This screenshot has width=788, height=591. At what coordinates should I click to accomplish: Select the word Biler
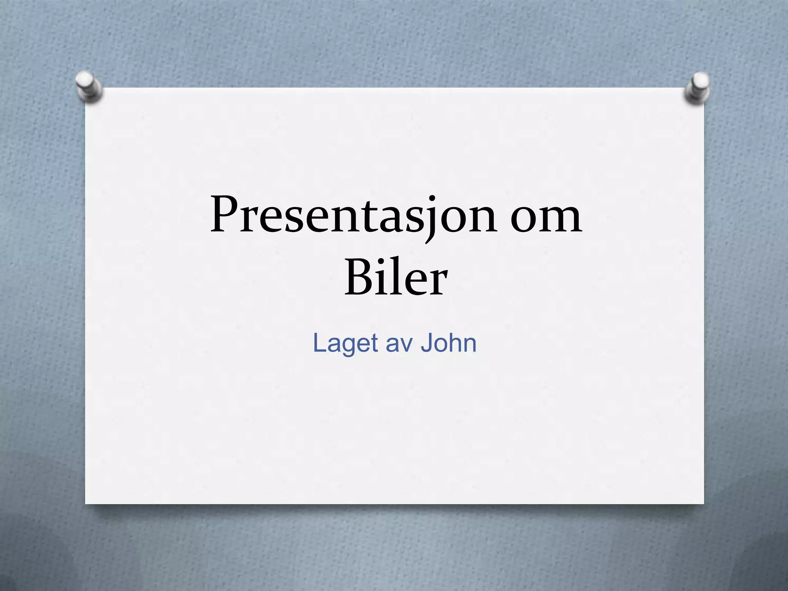(396, 278)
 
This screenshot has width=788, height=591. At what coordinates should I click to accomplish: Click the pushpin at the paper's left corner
(89, 85)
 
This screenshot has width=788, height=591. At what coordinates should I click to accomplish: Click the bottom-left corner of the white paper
(86, 503)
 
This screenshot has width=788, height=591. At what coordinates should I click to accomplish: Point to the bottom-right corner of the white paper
(703, 503)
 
